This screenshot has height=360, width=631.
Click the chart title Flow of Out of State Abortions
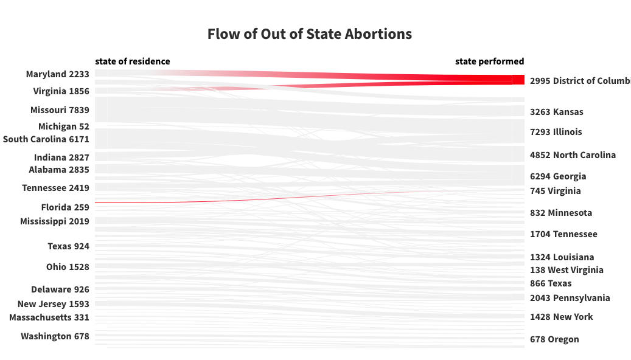pos(310,34)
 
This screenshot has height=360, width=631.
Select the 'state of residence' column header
pos(133,61)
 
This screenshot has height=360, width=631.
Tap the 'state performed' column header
pos(489,61)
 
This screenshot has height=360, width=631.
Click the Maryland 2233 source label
pos(58,74)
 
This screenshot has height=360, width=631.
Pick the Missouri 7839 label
pos(60,110)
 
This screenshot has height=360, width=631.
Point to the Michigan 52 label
pos(63,126)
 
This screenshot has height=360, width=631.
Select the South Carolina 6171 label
pos(46,139)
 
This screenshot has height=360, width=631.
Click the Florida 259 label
pos(65,207)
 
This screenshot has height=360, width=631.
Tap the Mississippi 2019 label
pos(55,221)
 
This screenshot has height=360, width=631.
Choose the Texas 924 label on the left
pos(68,246)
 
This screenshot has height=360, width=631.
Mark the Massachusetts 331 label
pos(49,318)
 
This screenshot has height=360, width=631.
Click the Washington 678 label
pos(55,337)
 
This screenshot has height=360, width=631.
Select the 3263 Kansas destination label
pos(557,112)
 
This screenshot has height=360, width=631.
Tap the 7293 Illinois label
pos(556,133)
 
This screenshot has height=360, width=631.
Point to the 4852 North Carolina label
pos(573,155)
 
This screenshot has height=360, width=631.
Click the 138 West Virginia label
pos(567,270)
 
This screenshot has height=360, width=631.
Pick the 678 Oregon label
pos(554,340)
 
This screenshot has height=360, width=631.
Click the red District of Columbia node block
pos(518,80)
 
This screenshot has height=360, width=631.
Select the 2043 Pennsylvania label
pos(570,299)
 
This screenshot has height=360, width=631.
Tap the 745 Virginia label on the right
pos(556,192)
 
